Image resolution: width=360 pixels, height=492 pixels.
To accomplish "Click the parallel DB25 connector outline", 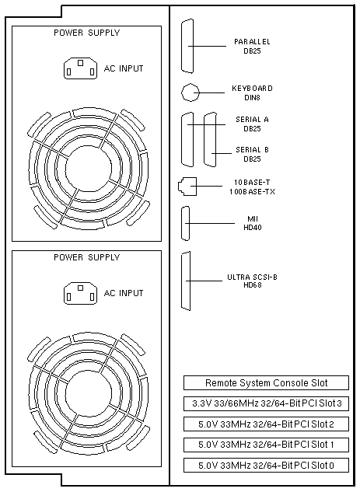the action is tap(187, 46).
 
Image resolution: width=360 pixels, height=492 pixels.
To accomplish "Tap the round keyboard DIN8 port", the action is tap(190, 92).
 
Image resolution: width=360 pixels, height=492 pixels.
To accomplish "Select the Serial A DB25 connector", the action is tap(187, 139).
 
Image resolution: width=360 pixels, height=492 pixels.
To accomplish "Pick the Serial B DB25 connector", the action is tap(210, 139).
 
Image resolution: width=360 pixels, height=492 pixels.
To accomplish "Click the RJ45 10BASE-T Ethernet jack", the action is tap(187, 187).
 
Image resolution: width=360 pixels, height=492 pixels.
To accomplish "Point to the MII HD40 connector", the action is tap(186, 223).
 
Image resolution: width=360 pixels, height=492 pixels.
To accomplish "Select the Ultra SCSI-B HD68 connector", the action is tap(186, 281).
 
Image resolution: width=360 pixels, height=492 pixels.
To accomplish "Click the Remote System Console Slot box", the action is tap(266, 383).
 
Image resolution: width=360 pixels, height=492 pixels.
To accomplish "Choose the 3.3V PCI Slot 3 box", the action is tap(266, 403).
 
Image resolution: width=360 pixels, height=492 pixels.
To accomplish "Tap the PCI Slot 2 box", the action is tap(266, 424).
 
